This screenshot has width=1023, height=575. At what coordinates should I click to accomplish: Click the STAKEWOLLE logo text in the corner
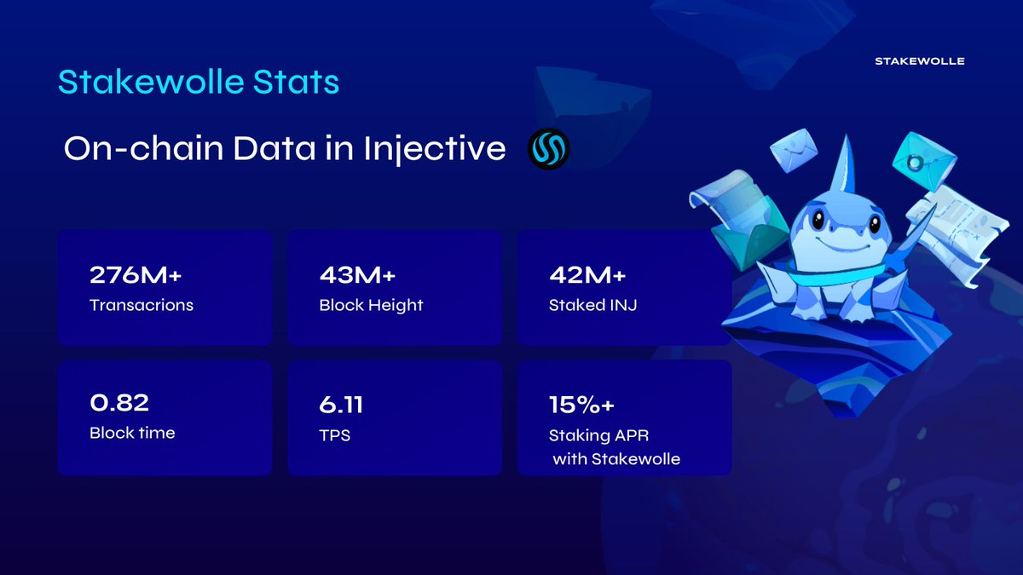pos(919,61)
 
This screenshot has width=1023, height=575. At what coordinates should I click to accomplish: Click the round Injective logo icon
pos(548,150)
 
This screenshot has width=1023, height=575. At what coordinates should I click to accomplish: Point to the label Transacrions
pos(141,305)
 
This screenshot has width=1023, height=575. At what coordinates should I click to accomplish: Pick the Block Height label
pos(370,305)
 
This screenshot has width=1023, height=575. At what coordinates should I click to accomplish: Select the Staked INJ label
pos(593,305)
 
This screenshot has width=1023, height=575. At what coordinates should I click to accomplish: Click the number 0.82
pos(118,402)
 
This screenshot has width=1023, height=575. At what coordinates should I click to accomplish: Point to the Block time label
pos(132,433)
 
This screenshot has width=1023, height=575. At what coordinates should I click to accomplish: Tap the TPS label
pos(335,435)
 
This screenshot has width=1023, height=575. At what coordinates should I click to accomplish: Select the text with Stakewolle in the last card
pos(616,459)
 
